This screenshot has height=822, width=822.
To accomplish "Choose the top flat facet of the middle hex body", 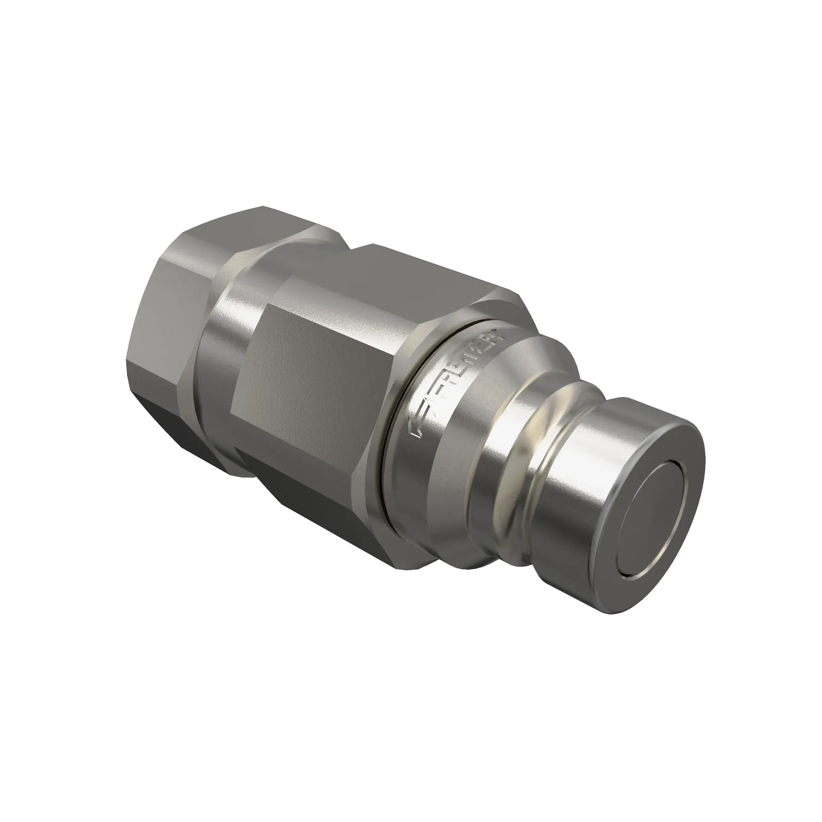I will [x=409, y=272].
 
